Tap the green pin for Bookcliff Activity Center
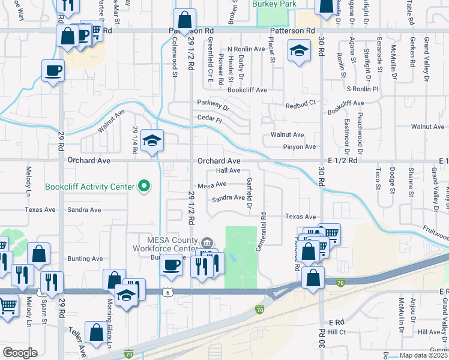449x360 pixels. [143, 187]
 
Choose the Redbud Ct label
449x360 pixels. [300, 104]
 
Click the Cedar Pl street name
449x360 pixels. [209, 119]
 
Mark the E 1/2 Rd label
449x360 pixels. [343, 161]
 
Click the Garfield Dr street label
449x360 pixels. [249, 195]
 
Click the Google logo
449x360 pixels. [20, 352]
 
